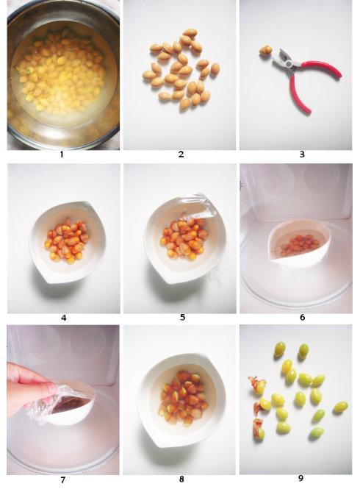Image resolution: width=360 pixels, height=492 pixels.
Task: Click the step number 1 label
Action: [x=62, y=154]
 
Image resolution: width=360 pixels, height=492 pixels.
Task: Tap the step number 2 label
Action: [x=181, y=154]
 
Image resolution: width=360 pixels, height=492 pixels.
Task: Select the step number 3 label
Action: [x=302, y=154]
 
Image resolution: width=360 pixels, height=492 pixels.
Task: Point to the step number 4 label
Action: [x=64, y=318]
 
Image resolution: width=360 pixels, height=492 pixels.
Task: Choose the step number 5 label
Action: [x=182, y=317]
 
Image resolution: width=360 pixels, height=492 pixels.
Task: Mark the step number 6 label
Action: [x=302, y=317]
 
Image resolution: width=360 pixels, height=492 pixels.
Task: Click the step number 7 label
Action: [x=62, y=479]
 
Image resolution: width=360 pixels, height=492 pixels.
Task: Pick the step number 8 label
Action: [x=181, y=479]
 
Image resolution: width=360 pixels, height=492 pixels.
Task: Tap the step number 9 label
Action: [x=300, y=478]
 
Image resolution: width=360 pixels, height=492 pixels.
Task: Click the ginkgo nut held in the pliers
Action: [x=265, y=50]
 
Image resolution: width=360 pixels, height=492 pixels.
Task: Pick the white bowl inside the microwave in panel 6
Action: [x=300, y=244]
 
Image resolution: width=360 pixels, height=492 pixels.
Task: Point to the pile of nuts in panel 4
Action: [x=67, y=240]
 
